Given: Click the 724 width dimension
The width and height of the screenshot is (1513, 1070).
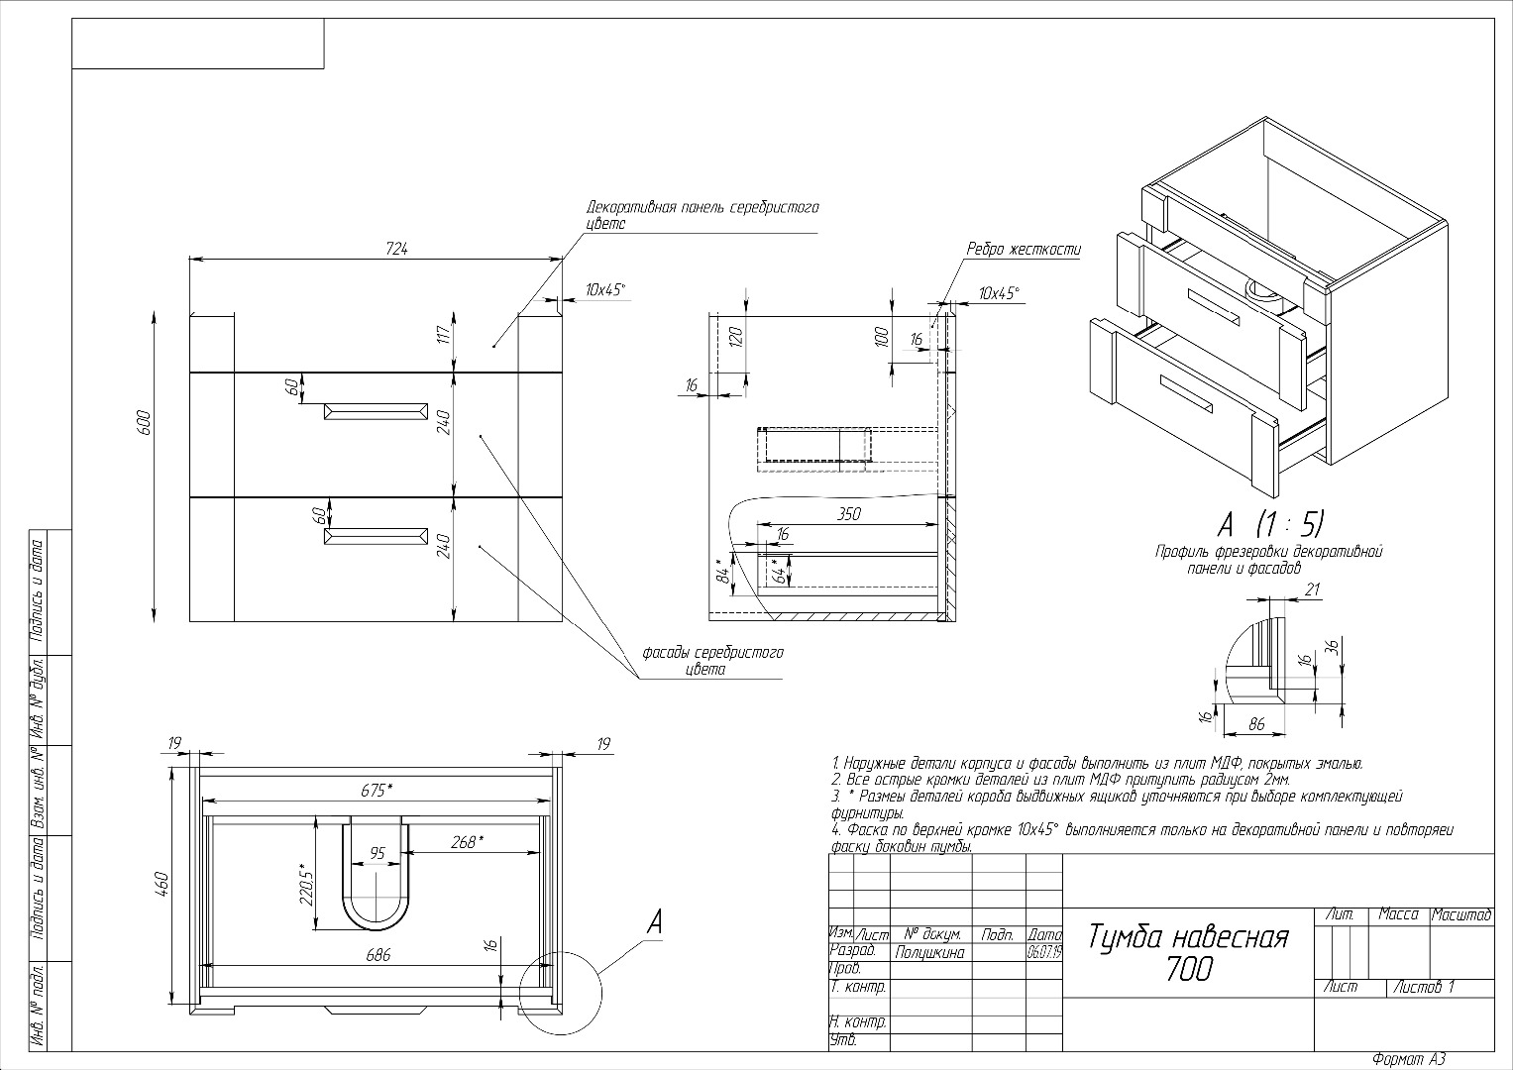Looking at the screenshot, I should coord(396,249).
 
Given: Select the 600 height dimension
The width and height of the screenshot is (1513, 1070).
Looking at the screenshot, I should coord(145,423).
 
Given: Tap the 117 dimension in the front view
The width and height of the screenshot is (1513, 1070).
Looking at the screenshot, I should coord(443,335).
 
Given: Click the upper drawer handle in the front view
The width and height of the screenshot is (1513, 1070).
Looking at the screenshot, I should coord(376,411).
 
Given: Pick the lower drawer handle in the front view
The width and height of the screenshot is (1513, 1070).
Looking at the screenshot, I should coord(376,536).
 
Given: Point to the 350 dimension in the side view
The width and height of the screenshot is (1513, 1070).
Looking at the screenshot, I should coord(849,513).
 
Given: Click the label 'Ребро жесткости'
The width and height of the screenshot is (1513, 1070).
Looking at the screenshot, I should coord(1024,250).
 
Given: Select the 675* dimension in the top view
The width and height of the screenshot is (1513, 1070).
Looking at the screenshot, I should coord(376,790).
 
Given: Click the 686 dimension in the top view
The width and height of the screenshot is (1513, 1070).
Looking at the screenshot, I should coord(378,955).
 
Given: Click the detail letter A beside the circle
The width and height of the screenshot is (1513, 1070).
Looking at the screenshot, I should coord(654,922).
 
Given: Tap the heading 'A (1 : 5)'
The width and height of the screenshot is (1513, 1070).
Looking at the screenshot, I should coord(1270,522).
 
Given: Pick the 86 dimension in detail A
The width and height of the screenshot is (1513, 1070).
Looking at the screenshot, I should coord(1256,725).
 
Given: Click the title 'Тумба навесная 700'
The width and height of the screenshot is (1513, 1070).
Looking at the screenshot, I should coord(1189,952).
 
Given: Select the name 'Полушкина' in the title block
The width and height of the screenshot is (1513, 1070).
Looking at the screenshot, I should coord(929,952).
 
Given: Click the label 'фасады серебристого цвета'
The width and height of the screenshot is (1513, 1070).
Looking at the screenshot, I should coord(712,661).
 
